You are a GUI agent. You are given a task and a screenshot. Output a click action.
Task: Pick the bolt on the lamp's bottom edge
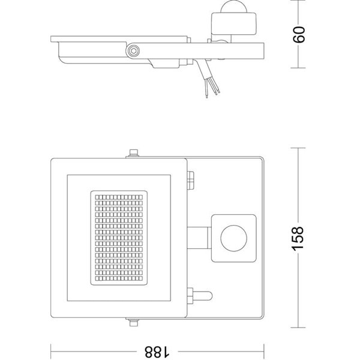click(x=132, y=323)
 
